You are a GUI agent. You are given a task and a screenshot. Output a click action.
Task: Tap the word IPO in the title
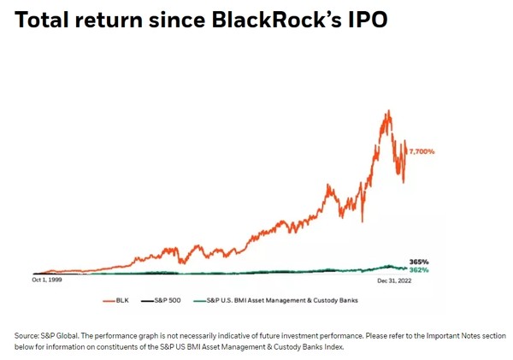[365, 19]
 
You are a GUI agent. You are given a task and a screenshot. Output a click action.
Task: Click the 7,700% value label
[421, 151]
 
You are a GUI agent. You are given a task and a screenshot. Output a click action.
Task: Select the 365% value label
[418, 262]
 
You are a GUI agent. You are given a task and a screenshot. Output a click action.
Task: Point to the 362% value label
[418, 270]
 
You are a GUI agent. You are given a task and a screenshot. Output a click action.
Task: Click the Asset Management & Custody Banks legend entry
[274, 301]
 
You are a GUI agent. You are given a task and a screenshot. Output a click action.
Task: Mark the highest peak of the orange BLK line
[389, 109]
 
